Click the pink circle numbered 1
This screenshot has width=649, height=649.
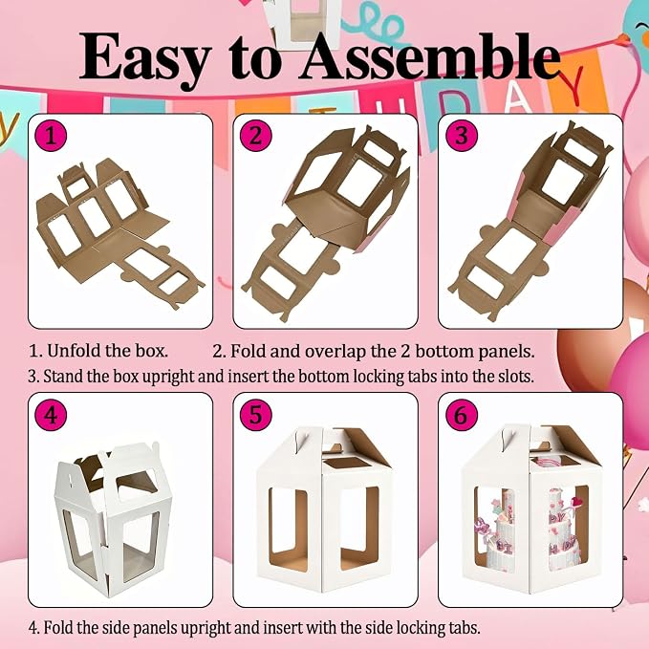[x=52, y=136]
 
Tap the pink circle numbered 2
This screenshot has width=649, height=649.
[x=256, y=136]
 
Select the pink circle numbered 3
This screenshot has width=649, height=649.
[x=462, y=136]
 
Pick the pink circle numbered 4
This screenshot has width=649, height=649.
[x=52, y=415]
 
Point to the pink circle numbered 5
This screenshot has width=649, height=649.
[x=256, y=415]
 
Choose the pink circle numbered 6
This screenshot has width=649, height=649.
[x=462, y=415]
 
